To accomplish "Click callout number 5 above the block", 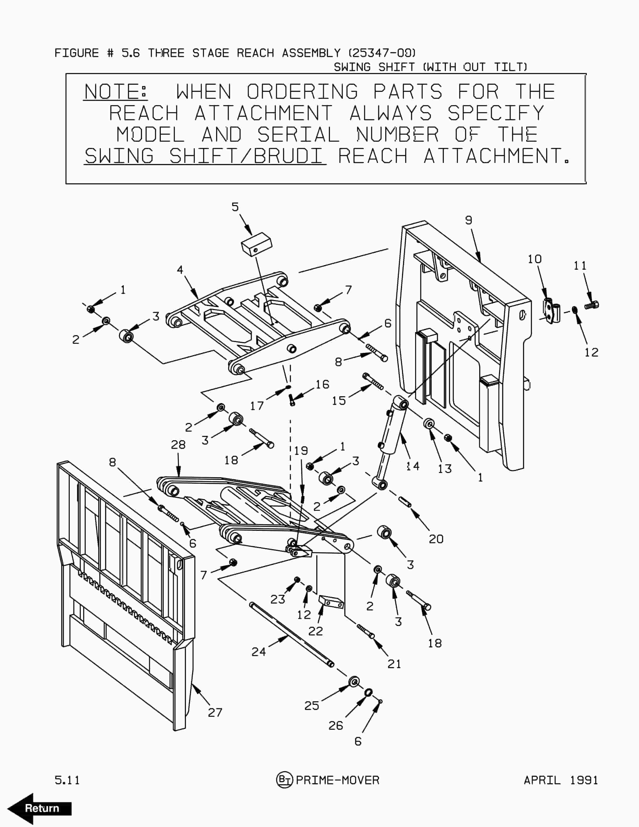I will [x=235, y=207].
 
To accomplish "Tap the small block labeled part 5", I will [x=257, y=244].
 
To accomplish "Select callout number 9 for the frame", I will [x=469, y=220].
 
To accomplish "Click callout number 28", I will [x=178, y=445].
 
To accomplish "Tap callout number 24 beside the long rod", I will [x=259, y=652].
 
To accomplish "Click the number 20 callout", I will [x=436, y=539].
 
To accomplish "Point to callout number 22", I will [x=315, y=631].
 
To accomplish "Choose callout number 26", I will [x=336, y=725].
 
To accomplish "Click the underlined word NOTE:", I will [x=115, y=92].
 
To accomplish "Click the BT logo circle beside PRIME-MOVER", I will [x=284, y=780].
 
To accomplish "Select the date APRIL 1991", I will [x=561, y=780].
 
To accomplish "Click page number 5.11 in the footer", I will [x=67, y=780].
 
